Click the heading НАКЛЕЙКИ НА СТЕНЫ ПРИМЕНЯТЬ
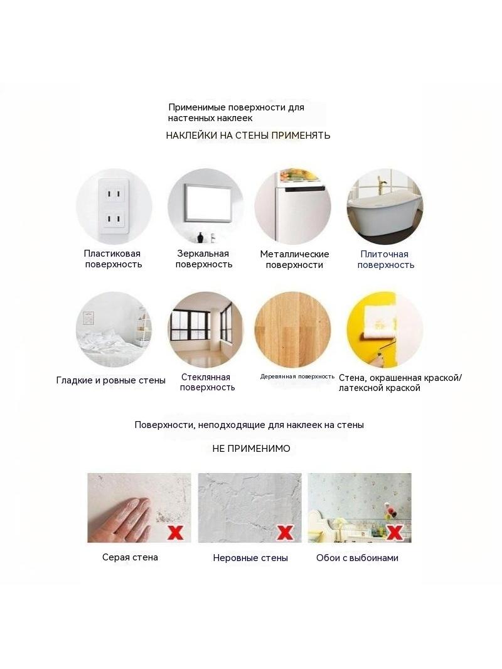click(x=248, y=136)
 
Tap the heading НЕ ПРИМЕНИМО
click(x=251, y=449)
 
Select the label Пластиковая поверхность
click(x=113, y=259)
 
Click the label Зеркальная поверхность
click(x=203, y=259)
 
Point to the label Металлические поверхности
click(x=294, y=259)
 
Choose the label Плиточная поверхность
click(x=385, y=259)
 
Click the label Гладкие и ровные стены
click(x=111, y=380)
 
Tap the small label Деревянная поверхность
click(x=297, y=377)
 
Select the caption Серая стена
click(x=130, y=557)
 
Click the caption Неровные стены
click(x=250, y=558)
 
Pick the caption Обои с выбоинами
click(x=357, y=558)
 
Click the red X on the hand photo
click(x=175, y=532)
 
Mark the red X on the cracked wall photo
click(x=285, y=532)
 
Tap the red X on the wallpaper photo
click(x=395, y=532)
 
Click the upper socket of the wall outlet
click(x=114, y=195)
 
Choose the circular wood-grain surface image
click(x=292, y=329)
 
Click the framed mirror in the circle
click(x=208, y=203)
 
